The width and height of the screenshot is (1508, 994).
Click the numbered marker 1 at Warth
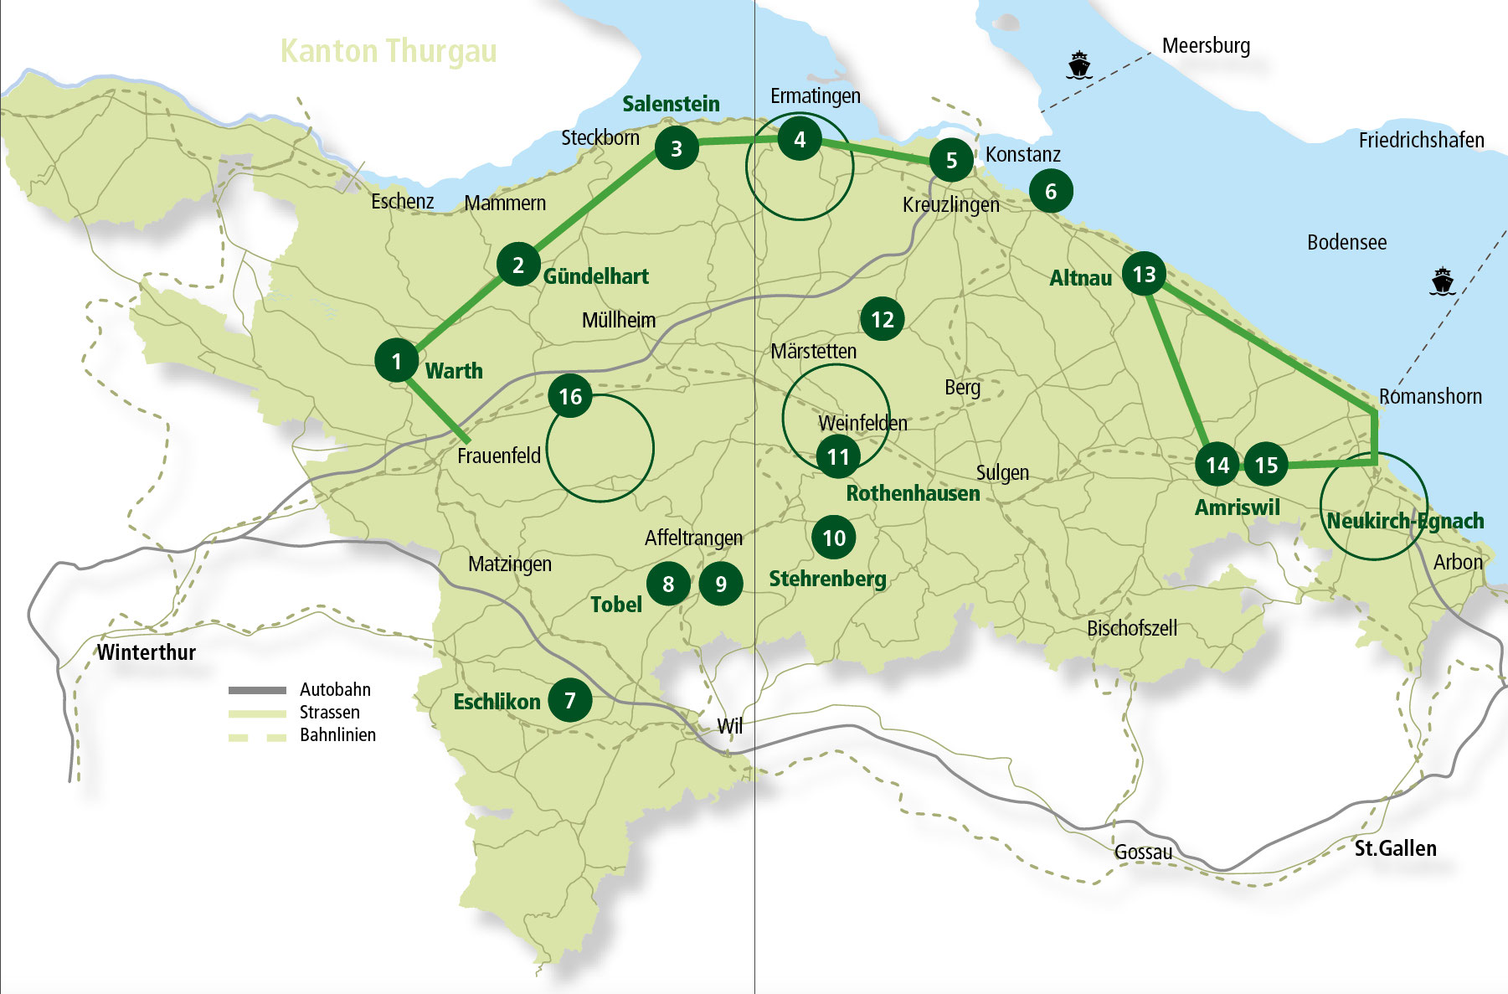coord(397,360)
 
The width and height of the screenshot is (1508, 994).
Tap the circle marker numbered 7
coord(570,700)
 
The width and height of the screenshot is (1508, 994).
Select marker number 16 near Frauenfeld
coord(570,396)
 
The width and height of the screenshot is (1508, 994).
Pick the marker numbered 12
coord(883,319)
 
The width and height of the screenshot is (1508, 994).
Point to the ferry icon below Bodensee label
coord(1442,281)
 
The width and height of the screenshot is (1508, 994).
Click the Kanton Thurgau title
coord(389,51)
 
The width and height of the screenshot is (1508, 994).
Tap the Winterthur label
coord(147,652)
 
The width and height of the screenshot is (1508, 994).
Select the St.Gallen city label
coord(1395,848)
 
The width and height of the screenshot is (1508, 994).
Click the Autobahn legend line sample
coord(257,690)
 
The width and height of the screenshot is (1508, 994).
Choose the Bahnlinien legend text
coord(337,735)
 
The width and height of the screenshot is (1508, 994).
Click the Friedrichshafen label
coord(1421,140)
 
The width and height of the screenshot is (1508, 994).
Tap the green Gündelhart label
coord(596,276)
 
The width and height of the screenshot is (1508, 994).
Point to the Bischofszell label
coord(1132,628)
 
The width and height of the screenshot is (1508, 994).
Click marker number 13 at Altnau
coord(1144,274)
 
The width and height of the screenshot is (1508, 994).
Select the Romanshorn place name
coord(1430,396)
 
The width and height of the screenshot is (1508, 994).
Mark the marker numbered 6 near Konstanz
coord(1051,191)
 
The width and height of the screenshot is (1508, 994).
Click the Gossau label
coord(1143,852)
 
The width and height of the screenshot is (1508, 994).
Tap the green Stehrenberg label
coord(827,579)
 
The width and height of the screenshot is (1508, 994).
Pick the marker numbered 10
coord(834,538)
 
